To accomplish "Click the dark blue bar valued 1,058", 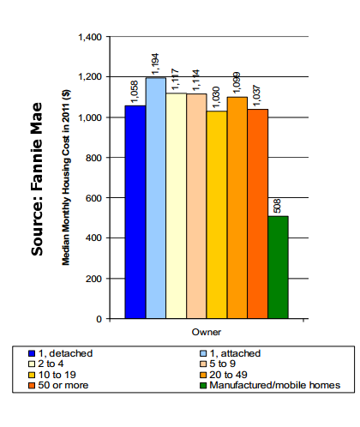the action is point(135,212).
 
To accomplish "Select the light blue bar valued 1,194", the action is point(156,198).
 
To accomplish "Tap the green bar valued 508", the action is point(279,268).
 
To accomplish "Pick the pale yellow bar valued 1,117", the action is point(177,206).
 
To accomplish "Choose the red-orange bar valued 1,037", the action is point(258,213).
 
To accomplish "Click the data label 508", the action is point(277,206).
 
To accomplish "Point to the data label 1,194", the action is point(155,64).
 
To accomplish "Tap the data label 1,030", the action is point(216,97).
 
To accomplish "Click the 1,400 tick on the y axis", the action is point(90,37).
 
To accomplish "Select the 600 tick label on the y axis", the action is point(93,198).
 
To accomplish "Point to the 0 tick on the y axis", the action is point(99,319).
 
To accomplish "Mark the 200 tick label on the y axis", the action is point(93,279).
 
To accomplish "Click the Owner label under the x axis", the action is point(207,332).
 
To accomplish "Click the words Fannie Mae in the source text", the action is point(37,147).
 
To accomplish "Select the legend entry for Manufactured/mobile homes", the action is point(270,385).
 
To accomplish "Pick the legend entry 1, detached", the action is point(61,353).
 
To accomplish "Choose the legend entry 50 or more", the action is point(58,385).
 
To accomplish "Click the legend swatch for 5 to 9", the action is point(203,364).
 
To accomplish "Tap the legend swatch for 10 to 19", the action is point(32,375).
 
